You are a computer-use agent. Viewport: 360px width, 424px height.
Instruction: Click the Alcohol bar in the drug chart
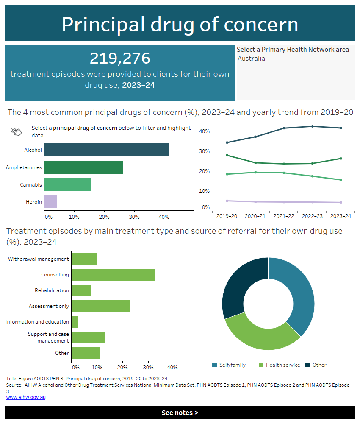[106, 150]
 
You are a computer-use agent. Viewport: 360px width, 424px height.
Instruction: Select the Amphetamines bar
[83, 167]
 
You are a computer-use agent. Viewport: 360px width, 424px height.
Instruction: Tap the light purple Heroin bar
[50, 201]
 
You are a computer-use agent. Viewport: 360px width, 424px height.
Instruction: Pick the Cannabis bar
[67, 184]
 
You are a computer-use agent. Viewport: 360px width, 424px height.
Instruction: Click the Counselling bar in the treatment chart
[113, 274]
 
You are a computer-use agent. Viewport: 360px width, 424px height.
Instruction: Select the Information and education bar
[75, 322]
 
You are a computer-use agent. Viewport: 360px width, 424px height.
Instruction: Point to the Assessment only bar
[100, 306]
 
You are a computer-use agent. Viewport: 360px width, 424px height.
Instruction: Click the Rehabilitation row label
[52, 290]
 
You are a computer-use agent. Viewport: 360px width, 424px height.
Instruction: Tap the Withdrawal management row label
[38, 259]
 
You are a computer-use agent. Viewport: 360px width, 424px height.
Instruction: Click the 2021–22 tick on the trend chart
[283, 216]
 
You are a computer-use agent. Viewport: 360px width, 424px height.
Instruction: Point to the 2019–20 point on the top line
[227, 142]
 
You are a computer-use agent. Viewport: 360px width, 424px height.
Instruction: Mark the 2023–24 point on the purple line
[341, 202]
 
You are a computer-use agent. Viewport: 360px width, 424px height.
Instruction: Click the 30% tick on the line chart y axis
[204, 151]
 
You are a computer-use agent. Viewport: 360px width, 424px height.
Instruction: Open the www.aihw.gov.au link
[26, 397]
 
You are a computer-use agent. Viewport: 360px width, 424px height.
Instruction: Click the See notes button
[180, 413]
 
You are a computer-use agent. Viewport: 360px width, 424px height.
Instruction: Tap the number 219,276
[120, 59]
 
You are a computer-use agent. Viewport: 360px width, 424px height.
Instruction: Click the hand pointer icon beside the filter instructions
[16, 131]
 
